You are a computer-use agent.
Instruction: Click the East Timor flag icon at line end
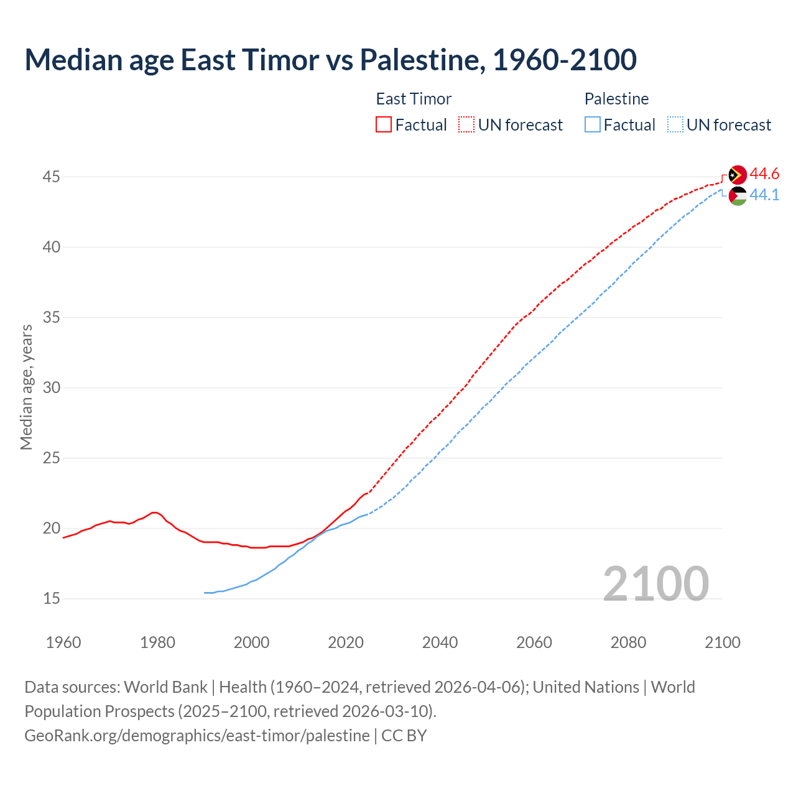point(738,175)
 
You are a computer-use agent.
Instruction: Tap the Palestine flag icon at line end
point(738,196)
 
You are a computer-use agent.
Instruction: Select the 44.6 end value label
point(764,174)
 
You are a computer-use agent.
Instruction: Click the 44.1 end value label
point(764,195)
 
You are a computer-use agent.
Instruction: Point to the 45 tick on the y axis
point(51,177)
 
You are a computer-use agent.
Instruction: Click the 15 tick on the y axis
point(51,599)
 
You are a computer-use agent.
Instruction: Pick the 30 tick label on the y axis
point(51,388)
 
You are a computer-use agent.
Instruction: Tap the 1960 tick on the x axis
point(63,642)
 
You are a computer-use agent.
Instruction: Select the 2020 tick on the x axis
point(346,642)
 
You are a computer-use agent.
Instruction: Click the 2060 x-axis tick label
point(534,642)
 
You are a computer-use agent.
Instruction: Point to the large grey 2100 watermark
point(655,583)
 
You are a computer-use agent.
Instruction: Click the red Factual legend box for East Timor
point(384,125)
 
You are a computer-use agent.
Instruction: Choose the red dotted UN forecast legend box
point(466,125)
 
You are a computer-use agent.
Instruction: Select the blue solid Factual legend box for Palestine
point(593,125)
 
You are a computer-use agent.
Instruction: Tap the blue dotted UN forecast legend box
point(675,125)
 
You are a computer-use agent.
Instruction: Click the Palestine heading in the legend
point(616,99)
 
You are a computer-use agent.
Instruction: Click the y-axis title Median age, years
point(26,387)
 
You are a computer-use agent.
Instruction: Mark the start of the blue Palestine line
point(205,593)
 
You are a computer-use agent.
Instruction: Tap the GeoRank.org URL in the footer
point(197,736)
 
